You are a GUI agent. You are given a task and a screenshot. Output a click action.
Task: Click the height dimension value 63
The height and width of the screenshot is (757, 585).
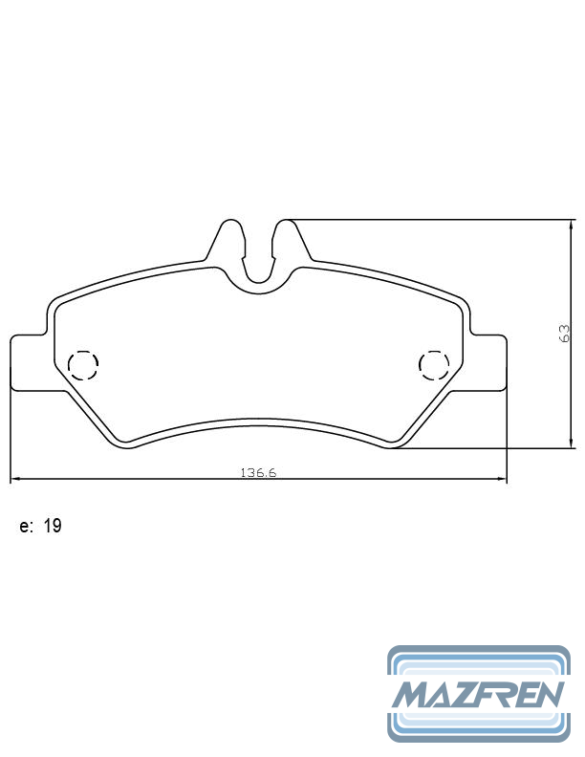[x=564, y=333]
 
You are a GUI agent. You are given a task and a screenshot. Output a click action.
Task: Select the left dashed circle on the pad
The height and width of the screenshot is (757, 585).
[x=83, y=364]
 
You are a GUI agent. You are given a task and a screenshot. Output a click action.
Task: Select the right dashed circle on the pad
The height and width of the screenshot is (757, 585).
[x=434, y=364]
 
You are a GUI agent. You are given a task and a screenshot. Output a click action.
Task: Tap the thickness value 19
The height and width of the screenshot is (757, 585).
[x=53, y=527]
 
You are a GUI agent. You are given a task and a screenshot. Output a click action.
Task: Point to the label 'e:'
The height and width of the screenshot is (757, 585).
[x=26, y=527]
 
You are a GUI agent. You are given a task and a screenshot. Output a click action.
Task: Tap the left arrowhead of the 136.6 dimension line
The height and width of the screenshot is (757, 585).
[x=14, y=479]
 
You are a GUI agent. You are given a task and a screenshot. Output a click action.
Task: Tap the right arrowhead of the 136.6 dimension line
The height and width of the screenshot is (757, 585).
[x=502, y=479]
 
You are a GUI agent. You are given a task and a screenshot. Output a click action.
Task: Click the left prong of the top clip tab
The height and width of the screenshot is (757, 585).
[x=227, y=239]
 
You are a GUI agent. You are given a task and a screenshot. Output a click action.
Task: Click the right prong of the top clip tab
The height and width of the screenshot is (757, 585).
[x=288, y=239]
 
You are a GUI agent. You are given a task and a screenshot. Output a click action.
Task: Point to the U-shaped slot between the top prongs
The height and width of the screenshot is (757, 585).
[x=257, y=263]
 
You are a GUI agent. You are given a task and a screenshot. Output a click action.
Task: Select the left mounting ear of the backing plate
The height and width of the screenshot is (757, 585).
[x=27, y=363]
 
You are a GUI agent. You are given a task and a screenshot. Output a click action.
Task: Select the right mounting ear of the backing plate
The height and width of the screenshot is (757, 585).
[x=489, y=363]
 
